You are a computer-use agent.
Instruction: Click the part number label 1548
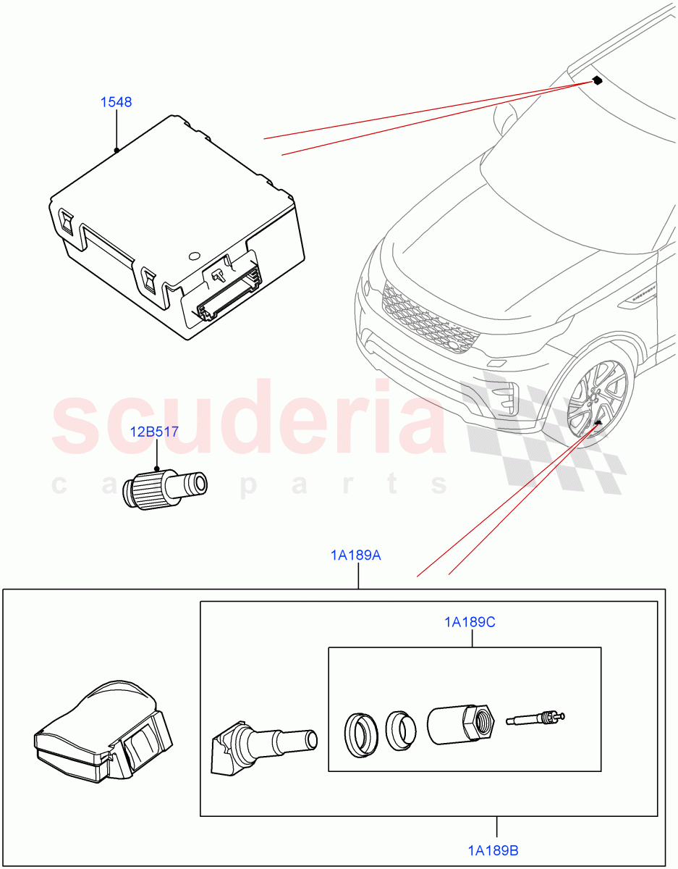(116, 102)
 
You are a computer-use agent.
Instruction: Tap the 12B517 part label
(154, 432)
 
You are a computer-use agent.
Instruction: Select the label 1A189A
(356, 555)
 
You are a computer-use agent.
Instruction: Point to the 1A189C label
(470, 621)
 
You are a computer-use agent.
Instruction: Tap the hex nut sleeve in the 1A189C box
(459, 724)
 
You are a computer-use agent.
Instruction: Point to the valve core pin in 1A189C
(536, 719)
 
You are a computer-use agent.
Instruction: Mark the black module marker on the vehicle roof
(597, 80)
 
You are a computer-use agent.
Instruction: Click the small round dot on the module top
(192, 256)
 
